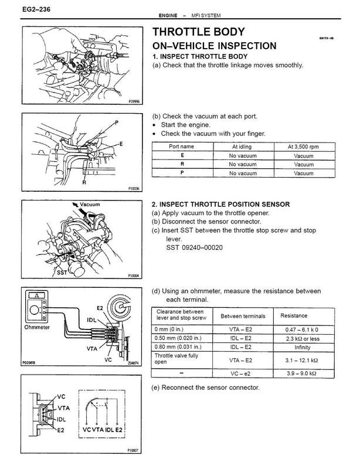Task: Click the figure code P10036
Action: point(134,189)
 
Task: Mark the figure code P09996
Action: point(134,100)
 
